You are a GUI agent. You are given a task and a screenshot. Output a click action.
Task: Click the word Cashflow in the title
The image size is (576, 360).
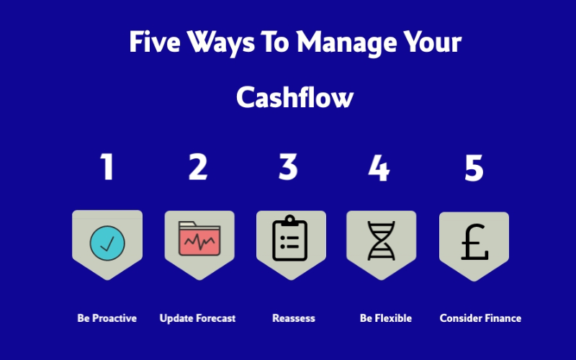tap(294, 97)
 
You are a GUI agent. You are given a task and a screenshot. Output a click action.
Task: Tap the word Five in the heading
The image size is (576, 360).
tap(155, 42)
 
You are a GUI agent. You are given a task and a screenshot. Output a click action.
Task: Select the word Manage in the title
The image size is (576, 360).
tap(346, 43)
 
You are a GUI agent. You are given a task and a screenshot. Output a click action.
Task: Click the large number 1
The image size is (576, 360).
tap(107, 167)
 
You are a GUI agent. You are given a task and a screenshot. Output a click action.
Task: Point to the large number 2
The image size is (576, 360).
tap(198, 167)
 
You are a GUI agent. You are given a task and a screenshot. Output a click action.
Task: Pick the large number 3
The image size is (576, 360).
tap(288, 167)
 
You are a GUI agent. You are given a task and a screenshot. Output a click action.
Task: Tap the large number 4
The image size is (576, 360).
tap(379, 168)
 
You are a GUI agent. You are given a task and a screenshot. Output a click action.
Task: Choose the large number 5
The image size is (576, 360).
tap(474, 168)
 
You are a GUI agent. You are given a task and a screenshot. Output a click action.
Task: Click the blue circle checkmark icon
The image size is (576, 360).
tap(107, 243)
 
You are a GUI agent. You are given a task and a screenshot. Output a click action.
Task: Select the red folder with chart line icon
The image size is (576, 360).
tap(199, 238)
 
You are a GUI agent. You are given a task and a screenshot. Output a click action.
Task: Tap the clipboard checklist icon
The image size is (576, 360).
tap(290, 238)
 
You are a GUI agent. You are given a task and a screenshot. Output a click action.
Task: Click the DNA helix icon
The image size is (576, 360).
tap(382, 240)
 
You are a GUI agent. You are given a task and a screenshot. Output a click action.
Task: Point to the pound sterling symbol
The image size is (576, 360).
tap(474, 242)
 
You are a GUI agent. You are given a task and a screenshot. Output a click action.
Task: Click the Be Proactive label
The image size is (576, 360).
tap(107, 318)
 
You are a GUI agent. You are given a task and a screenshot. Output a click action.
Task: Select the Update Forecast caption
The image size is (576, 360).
tap(197, 318)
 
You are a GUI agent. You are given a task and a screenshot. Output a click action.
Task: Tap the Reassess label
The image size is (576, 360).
tap(294, 318)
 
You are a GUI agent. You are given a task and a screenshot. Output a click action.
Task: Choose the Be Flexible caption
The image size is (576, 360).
tap(386, 318)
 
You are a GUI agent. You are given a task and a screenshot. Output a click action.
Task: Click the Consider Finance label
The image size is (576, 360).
tap(480, 318)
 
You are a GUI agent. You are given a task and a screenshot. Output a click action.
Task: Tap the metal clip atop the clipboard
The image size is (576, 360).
tap(290, 220)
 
